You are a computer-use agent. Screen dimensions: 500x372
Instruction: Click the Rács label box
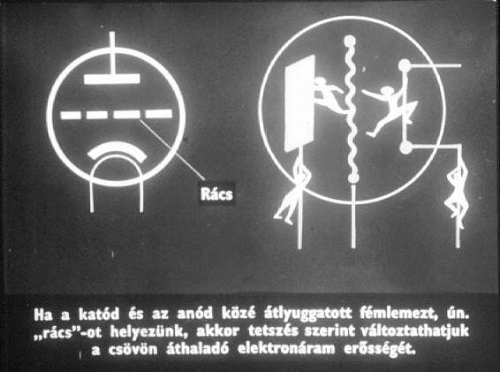pyautogui.click(x=216, y=194)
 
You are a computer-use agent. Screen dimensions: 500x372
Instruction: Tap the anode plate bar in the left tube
pyautogui.click(x=112, y=79)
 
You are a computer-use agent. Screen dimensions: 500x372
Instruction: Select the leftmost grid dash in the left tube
pyautogui.click(x=71, y=115)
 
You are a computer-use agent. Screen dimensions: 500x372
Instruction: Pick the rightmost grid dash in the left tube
pyautogui.click(x=159, y=114)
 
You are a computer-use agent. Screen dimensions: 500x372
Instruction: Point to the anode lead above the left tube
pyautogui.click(x=112, y=53)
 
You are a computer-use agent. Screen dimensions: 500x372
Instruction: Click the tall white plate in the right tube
pyautogui.click(x=299, y=103)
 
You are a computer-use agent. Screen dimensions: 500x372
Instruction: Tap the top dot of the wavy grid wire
pyautogui.click(x=350, y=41)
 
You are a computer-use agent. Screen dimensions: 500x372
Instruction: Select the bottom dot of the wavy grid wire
pyautogui.click(x=352, y=178)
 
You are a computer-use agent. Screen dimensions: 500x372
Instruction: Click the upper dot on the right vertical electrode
pyautogui.click(x=405, y=65)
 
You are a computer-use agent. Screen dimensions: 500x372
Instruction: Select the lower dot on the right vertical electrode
pyautogui.click(x=406, y=148)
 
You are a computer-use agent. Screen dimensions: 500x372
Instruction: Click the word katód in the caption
pyautogui.click(x=99, y=315)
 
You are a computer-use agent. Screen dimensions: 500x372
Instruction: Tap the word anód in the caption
pyautogui.click(x=194, y=315)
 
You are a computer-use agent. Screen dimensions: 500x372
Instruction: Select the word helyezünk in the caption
pyautogui.click(x=149, y=332)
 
